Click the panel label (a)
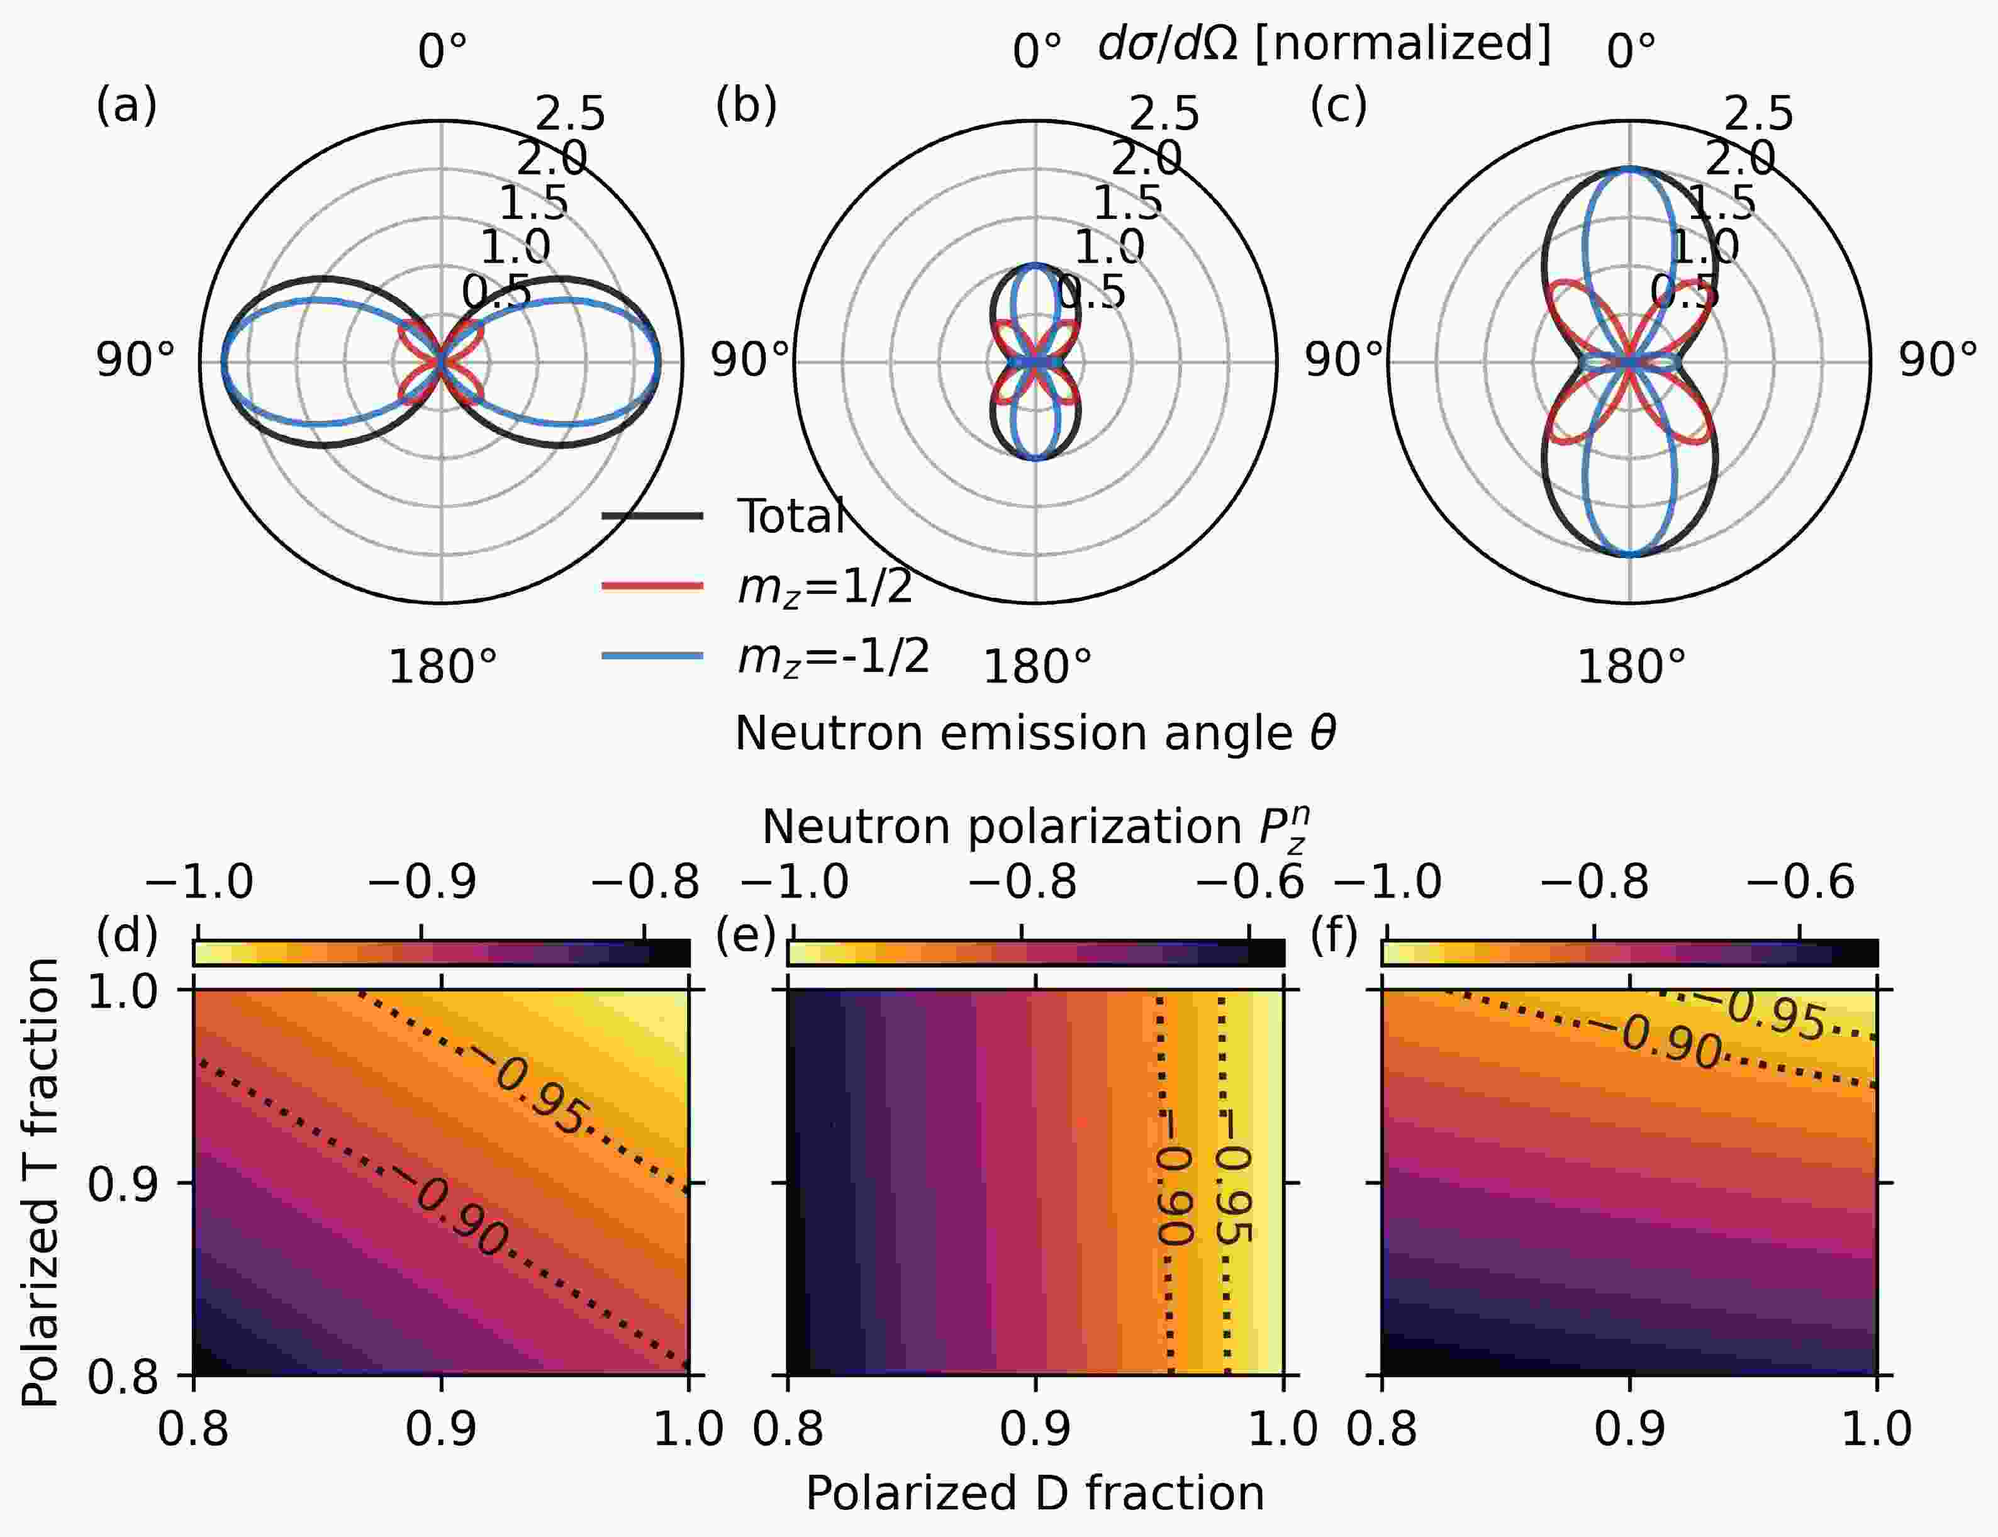point(126,106)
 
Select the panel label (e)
point(745,935)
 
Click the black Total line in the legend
point(652,517)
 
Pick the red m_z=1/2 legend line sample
point(652,586)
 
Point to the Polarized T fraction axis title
point(40,1182)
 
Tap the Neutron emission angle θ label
point(1035,734)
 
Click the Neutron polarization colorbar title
point(1035,829)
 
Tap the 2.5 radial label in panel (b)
point(1164,115)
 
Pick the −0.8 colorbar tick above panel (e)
point(1022,883)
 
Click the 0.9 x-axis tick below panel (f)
point(1629,1429)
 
